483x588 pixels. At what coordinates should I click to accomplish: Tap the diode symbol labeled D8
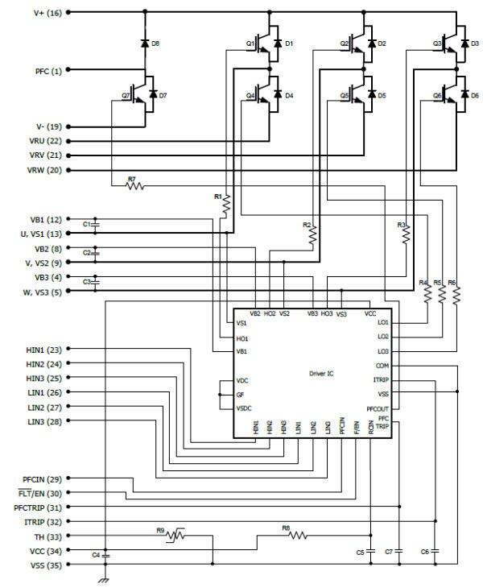145,43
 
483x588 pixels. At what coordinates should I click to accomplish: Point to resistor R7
133,186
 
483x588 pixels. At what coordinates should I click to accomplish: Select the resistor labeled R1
226,205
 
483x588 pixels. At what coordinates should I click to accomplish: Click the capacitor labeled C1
96,223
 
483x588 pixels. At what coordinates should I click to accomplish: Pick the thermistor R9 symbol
174,535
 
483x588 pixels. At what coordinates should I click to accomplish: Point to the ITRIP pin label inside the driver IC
381,379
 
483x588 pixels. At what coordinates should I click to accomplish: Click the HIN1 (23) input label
45,349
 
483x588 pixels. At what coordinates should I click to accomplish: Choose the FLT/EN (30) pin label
43,492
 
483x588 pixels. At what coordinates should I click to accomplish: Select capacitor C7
400,551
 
